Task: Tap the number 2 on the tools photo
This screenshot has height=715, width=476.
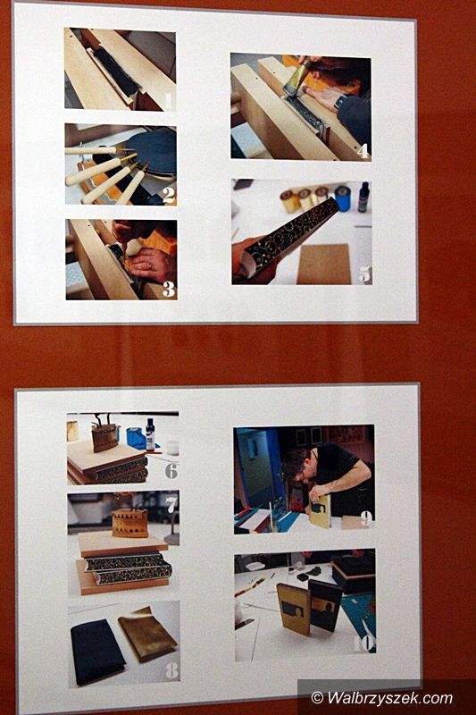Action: tap(168, 195)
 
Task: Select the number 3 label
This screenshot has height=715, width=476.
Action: tap(169, 289)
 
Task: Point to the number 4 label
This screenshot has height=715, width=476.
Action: tap(363, 150)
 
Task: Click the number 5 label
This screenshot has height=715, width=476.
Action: tap(364, 274)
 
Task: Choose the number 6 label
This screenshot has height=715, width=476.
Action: tap(171, 471)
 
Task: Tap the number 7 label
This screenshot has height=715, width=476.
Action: tap(171, 505)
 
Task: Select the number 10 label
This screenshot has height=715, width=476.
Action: tap(363, 643)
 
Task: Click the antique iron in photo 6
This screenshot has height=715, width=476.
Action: tap(104, 434)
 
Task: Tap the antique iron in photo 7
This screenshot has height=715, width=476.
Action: tap(129, 520)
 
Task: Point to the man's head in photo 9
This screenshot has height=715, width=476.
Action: tap(297, 465)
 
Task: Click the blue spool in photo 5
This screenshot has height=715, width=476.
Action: tap(342, 198)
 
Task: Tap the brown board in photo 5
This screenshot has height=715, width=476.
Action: tap(324, 264)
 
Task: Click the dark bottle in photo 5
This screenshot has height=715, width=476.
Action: tap(364, 197)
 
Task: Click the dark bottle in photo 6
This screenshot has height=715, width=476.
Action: tap(150, 434)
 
